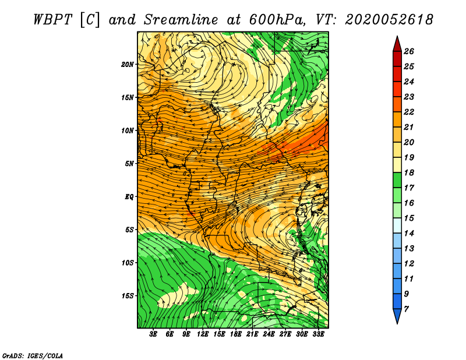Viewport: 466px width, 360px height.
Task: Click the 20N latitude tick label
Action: (x=128, y=65)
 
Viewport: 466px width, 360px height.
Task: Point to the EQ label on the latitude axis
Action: (x=129, y=197)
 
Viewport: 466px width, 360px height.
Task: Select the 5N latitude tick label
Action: (x=129, y=164)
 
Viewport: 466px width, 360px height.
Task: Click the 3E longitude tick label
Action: (x=153, y=334)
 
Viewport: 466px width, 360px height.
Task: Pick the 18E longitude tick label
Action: (x=235, y=334)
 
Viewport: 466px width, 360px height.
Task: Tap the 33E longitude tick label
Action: (x=318, y=334)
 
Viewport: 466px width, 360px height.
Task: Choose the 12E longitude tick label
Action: (x=202, y=334)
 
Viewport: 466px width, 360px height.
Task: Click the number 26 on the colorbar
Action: (x=409, y=51)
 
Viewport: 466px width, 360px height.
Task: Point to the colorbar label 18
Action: (x=409, y=172)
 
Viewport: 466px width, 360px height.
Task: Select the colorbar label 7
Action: (x=406, y=309)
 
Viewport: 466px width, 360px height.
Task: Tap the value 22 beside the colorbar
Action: (x=409, y=112)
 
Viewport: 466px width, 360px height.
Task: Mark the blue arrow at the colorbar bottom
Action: (x=397, y=315)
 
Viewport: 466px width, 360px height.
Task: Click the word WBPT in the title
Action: (x=52, y=20)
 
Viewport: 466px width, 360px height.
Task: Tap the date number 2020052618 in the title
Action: (x=389, y=20)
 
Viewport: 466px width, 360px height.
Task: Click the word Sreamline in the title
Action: (x=181, y=20)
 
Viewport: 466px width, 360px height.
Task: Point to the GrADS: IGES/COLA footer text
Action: (x=33, y=356)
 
